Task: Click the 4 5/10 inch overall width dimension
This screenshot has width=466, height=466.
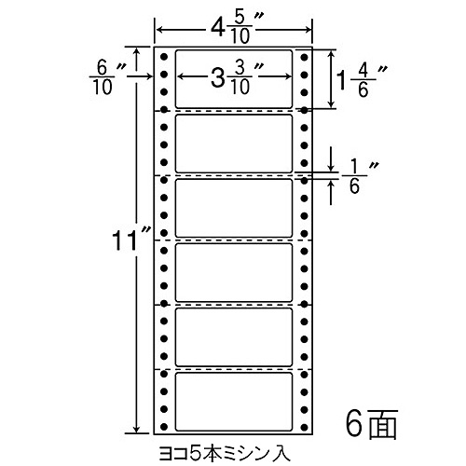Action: (234, 31)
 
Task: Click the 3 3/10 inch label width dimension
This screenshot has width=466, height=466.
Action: (234, 77)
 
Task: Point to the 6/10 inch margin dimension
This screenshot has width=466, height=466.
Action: (104, 77)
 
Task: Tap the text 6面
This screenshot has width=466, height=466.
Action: (372, 424)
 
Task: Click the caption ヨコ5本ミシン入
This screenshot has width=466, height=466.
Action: (225, 453)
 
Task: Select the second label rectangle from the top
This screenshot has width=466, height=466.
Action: (234, 144)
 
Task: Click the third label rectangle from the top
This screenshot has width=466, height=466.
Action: (234, 208)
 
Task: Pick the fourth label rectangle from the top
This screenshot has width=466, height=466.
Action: (234, 273)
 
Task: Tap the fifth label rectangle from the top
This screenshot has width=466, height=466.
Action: (234, 337)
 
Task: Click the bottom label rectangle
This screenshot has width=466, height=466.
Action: (234, 402)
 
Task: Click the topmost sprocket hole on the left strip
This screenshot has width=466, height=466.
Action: (164, 57)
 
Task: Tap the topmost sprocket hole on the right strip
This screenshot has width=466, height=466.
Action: (305, 57)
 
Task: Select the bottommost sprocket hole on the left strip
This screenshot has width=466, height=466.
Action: (164, 426)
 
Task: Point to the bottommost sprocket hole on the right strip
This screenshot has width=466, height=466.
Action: (305, 426)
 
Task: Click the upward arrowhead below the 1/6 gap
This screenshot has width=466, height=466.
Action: (332, 185)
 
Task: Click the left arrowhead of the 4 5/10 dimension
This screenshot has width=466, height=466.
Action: (160, 30)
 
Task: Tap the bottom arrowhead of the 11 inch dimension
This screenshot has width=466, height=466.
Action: (136, 429)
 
